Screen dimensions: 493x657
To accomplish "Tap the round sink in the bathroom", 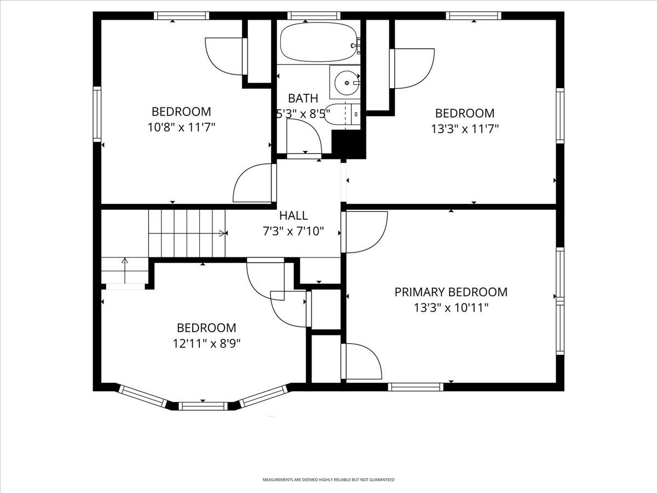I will (x=346, y=83).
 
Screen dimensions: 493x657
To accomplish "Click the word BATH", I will (x=303, y=99).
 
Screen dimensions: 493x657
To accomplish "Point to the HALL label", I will (x=293, y=216).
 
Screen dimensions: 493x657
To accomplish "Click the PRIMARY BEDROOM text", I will (x=451, y=292).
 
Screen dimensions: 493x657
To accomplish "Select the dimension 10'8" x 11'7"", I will (x=181, y=127).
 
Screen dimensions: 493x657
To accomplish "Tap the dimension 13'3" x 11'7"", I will (x=464, y=129).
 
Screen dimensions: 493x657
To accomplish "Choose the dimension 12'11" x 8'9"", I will (x=206, y=343).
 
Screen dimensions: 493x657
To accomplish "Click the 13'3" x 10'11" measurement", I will (x=451, y=308).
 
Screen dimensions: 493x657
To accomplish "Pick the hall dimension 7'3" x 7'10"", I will (x=293, y=231).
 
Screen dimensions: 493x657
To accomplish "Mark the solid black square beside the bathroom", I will (x=349, y=145).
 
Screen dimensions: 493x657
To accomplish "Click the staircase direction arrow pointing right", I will (x=222, y=233).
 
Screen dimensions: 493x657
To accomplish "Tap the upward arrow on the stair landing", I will (x=125, y=262).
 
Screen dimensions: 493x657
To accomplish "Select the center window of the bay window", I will (x=203, y=406).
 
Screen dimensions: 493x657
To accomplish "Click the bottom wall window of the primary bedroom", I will (x=416, y=387).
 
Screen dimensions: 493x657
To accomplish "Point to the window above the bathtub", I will (x=314, y=15).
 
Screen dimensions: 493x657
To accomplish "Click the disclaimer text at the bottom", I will (x=328, y=480).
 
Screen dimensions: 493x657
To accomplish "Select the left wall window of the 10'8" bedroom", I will (x=97, y=114).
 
